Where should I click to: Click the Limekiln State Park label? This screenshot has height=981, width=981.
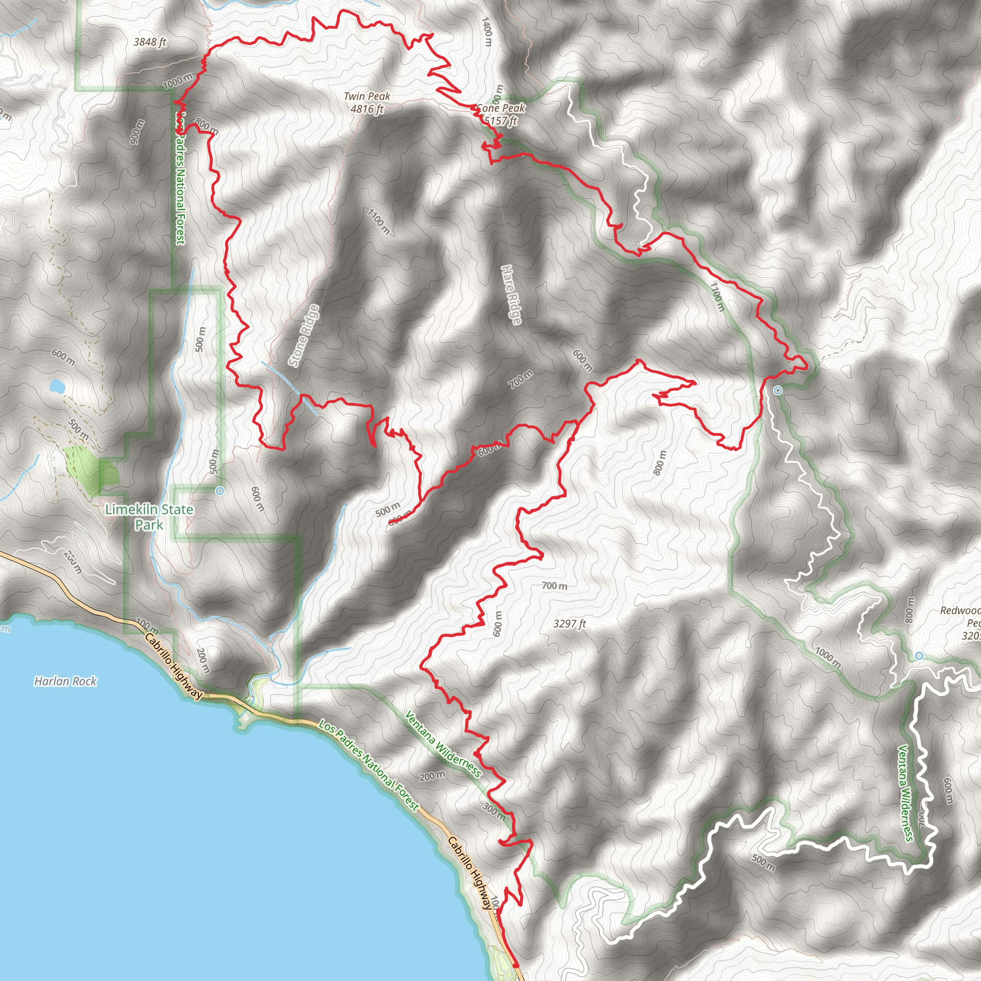[149, 517]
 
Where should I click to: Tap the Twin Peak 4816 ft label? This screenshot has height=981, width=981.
[366, 103]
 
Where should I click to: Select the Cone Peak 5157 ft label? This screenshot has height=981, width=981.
[501, 114]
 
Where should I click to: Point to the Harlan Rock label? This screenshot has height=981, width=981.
[66, 682]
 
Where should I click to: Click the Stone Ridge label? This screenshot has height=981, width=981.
[304, 335]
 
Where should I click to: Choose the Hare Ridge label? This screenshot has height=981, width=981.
[511, 295]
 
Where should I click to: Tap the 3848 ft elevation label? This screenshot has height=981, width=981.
[150, 42]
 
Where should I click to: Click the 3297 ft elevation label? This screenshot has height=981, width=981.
[570, 624]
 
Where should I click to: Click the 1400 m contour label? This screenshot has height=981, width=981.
[487, 32]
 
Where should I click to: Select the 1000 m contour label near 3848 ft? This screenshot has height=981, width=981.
[178, 80]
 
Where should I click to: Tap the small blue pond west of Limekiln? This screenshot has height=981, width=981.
[57, 387]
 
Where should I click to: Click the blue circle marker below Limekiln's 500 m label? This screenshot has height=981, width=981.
[219, 491]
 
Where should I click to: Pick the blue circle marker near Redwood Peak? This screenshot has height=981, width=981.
[919, 656]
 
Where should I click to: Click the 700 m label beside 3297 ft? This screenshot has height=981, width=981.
[555, 586]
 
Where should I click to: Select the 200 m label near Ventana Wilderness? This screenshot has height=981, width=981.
[433, 776]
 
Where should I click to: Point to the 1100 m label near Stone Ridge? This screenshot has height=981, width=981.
[379, 221]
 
